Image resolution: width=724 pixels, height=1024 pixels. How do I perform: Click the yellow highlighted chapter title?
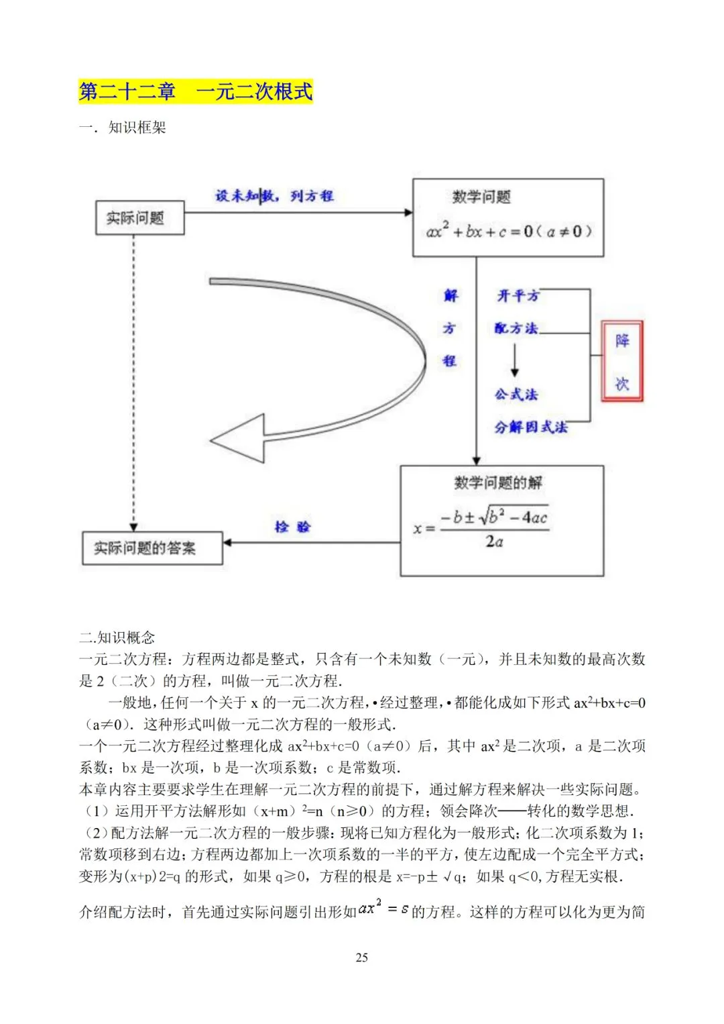196,91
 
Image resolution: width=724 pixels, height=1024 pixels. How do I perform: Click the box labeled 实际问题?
139,218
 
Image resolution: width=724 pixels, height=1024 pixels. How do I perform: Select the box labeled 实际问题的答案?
152,548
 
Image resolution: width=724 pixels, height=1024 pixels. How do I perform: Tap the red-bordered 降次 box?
622,362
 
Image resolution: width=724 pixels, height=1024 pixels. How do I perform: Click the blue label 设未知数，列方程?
274,196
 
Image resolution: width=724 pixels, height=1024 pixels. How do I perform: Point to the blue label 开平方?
518,296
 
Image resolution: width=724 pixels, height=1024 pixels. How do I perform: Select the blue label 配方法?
516,328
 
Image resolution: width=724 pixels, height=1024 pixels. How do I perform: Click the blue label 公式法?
516,395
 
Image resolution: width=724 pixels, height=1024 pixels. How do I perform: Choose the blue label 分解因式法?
530,427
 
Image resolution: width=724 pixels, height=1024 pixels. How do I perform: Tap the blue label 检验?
293,527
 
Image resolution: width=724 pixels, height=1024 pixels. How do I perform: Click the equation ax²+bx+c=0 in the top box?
509,232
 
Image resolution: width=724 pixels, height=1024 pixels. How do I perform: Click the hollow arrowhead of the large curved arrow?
238,440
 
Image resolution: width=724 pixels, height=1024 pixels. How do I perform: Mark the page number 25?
362,958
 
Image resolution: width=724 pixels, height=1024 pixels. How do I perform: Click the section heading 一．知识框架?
122,127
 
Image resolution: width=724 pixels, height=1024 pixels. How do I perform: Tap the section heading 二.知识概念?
117,637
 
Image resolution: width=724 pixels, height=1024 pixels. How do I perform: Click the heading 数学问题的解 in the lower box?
498,483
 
